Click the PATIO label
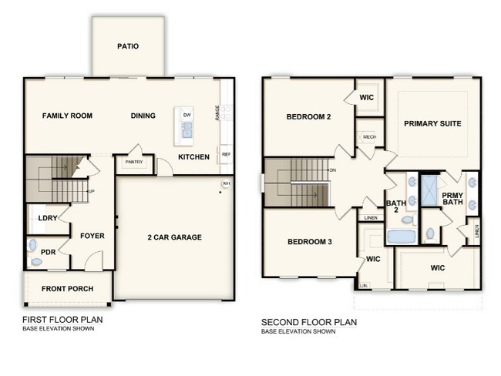tap(128, 46)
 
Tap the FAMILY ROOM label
tap(67, 116)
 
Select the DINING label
tap(143, 116)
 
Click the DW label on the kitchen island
tap(187, 115)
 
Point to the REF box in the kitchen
tap(226, 154)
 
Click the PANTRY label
tap(128, 163)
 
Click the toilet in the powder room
tap(32, 247)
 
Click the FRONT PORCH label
tap(67, 289)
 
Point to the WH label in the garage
tap(226, 183)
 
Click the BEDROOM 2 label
tap(308, 117)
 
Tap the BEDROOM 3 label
tap(309, 242)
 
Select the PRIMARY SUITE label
tap(432, 123)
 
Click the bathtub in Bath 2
tap(399, 237)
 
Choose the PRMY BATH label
tap(452, 199)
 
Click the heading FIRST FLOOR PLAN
tap(62, 320)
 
